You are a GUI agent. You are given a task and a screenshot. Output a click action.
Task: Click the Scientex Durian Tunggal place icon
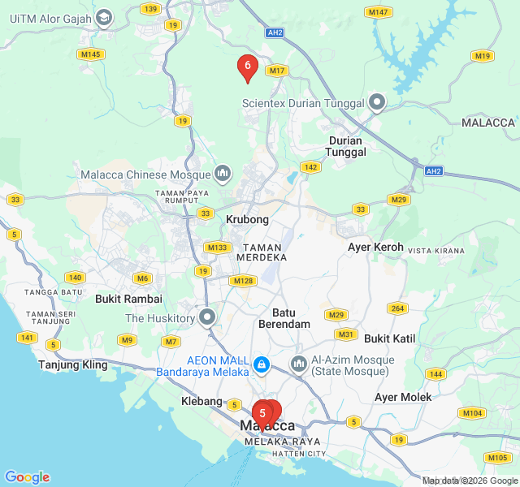point(377,102)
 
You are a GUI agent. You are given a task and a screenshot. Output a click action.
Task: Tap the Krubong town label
point(247,219)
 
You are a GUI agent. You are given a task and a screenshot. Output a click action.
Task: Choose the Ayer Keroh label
point(375,247)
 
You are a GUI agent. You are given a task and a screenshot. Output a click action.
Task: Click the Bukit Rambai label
point(128,299)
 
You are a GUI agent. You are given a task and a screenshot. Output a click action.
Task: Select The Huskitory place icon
point(208,317)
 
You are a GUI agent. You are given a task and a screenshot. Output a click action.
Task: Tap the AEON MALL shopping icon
point(262,365)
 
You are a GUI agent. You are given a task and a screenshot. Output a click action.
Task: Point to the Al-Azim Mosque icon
point(298,365)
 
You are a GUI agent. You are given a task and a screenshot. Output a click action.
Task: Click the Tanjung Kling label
point(73,364)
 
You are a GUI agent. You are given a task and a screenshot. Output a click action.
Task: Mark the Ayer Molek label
point(403,397)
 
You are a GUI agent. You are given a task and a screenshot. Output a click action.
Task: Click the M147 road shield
point(378,12)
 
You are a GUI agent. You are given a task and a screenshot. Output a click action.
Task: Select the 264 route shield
point(396,308)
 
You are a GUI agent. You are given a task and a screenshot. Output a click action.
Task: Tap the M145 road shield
point(90,54)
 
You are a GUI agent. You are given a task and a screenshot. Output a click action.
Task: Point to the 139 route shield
point(149,9)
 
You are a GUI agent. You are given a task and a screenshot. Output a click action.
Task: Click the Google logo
point(27,477)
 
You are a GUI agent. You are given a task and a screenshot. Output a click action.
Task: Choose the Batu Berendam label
point(284,317)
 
